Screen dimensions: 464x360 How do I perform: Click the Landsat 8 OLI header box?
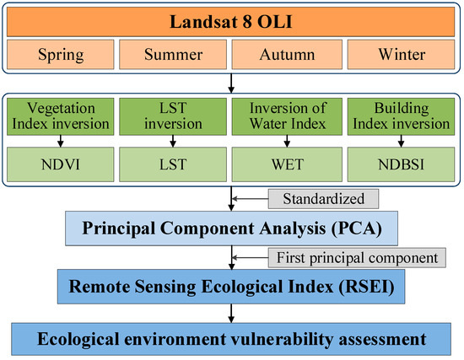tap(230, 22)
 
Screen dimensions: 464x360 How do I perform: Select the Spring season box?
tap(61, 55)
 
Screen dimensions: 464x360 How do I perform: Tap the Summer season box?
tap(173, 55)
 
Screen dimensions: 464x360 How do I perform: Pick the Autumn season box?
tap(287, 55)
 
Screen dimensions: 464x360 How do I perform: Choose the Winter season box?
tap(401, 55)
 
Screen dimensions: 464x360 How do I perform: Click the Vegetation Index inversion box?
tap(61, 116)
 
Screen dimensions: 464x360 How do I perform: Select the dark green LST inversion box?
tap(173, 116)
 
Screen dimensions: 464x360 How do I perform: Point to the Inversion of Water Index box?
tap(287, 116)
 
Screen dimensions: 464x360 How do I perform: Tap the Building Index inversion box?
tap(401, 116)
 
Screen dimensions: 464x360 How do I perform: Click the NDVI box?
tap(61, 164)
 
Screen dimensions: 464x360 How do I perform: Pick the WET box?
tap(287, 164)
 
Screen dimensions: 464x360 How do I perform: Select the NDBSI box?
tap(401, 164)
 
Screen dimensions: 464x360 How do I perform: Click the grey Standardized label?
tap(323, 199)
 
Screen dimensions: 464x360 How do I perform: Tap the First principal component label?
tap(357, 258)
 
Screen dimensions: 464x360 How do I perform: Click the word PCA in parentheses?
tap(357, 228)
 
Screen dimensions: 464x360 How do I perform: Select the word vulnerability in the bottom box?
tap(282, 339)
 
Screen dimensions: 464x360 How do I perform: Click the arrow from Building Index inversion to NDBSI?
tap(401, 142)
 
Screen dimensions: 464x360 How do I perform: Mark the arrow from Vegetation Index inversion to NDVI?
tap(61, 142)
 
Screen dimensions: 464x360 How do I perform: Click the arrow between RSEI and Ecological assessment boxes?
tap(231, 314)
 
